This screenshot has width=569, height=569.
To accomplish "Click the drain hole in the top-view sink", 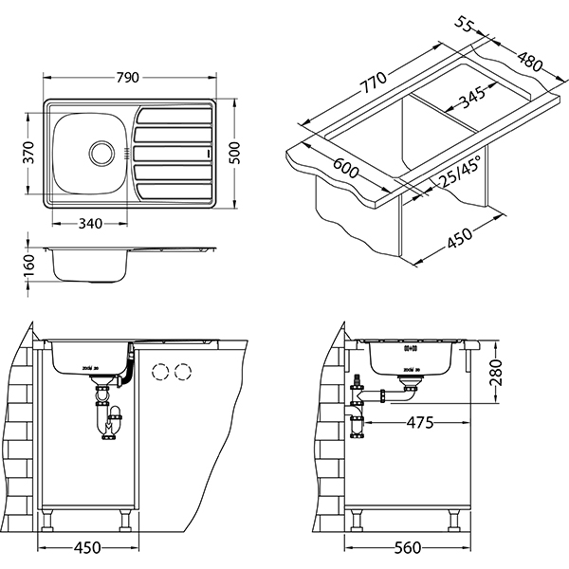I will [100, 150].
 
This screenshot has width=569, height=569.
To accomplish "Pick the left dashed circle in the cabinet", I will [158, 372].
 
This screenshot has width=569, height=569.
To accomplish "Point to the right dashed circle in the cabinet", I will [180, 372].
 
